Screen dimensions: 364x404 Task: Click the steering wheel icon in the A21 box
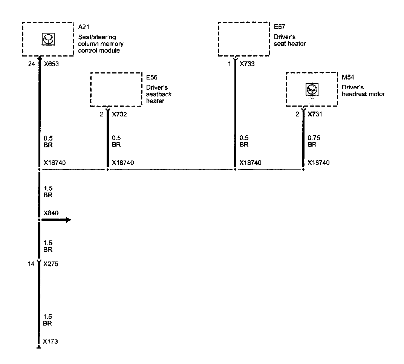47,39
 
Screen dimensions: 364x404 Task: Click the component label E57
279,28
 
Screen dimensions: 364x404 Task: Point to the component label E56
151,77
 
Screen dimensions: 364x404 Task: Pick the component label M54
347,78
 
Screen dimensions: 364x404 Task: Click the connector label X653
51,64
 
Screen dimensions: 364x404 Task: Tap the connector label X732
119,115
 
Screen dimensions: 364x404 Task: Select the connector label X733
247,64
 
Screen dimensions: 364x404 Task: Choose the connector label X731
315,115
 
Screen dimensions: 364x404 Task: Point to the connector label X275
51,264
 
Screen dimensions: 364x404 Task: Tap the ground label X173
50,342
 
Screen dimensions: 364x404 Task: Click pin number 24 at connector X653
32,64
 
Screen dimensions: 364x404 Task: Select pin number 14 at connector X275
32,264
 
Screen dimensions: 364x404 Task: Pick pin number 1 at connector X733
229,64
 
